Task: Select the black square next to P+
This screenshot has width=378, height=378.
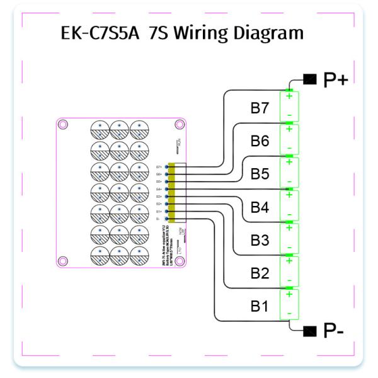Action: pyautogui.click(x=310, y=79)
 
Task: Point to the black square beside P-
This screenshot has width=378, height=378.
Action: pyautogui.click(x=309, y=330)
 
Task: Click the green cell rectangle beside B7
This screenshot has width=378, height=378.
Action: pyautogui.click(x=289, y=106)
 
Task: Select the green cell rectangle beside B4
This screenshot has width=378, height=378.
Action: pyautogui.click(x=289, y=205)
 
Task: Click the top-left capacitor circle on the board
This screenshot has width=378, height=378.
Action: pyautogui.click(x=100, y=129)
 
